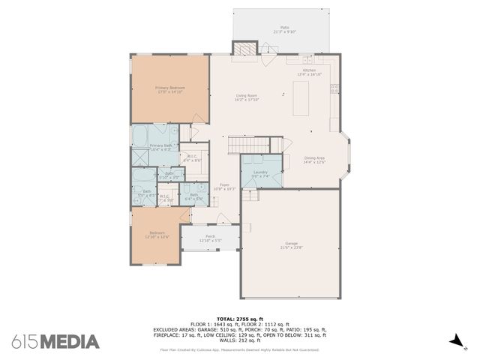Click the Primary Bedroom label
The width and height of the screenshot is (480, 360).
tap(170, 88)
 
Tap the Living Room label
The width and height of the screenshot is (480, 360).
tap(247, 95)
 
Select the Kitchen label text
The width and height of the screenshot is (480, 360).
tap(309, 70)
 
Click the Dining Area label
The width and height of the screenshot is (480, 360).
tap(314, 157)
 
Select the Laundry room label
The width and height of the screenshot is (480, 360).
tap(260, 172)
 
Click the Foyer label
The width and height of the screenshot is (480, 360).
tap(224, 184)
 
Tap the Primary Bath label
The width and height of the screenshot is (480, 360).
tap(161, 145)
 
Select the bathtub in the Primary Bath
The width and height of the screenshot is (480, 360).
tap(141, 136)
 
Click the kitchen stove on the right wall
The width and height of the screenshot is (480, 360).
tap(334, 88)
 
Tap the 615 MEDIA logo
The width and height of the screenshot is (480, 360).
tap(55, 342)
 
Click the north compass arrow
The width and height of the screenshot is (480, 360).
tap(452, 341)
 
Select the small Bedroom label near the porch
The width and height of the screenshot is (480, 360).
tap(156, 232)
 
